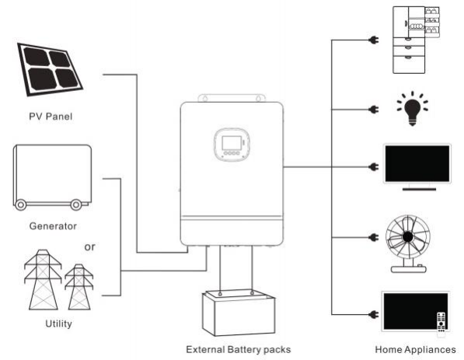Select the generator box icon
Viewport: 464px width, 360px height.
coord(52,177)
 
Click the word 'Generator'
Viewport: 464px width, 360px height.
coord(53,226)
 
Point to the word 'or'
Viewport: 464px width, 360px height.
coord(91,248)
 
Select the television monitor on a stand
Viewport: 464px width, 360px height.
coord(417,166)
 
